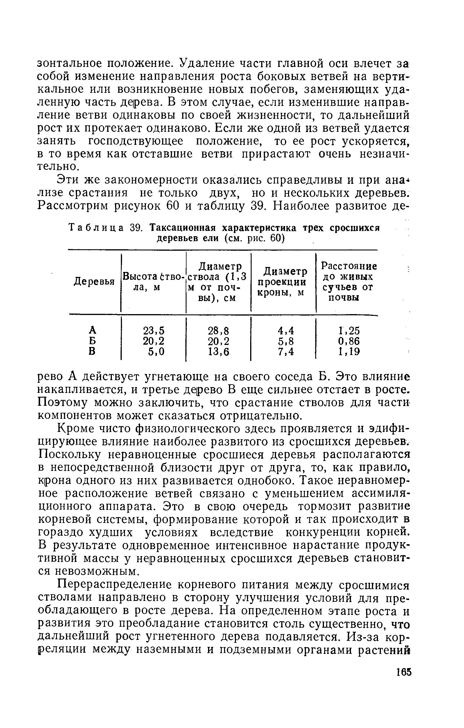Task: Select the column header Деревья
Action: click(94, 282)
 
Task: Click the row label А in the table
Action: click(93, 330)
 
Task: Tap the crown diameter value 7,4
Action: click(286, 352)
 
